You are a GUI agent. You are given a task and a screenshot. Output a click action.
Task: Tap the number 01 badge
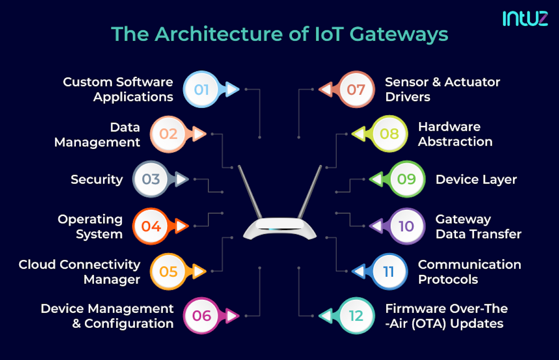point(201,89)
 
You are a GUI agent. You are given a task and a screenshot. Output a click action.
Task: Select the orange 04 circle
point(151,226)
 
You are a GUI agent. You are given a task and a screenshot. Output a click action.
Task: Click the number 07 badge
point(356,89)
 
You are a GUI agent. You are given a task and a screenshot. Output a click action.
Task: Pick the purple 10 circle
point(406,226)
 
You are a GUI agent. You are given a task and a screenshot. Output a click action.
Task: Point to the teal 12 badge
point(356,316)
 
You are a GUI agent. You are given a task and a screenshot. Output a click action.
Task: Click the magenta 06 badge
point(201,316)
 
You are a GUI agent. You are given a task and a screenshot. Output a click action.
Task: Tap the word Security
point(97,179)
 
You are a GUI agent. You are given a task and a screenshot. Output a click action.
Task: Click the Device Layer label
point(476,179)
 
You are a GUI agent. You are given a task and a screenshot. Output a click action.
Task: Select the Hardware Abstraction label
point(455,134)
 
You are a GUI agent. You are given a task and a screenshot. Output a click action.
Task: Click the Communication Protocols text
point(469,272)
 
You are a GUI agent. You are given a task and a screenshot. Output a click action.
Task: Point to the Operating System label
point(90,226)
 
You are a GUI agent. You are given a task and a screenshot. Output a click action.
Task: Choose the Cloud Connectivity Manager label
point(80,272)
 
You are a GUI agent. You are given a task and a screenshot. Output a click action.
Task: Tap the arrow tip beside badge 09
point(373,179)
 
